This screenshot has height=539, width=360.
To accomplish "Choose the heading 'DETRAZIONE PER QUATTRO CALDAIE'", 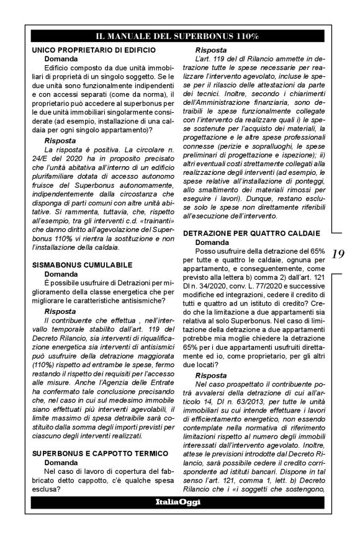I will tap(251, 233).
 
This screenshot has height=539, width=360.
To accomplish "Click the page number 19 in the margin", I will tap(339, 254).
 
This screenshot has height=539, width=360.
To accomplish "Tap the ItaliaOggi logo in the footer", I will tap(178, 501).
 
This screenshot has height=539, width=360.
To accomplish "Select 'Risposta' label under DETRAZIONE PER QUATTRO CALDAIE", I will tap(211, 376).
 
